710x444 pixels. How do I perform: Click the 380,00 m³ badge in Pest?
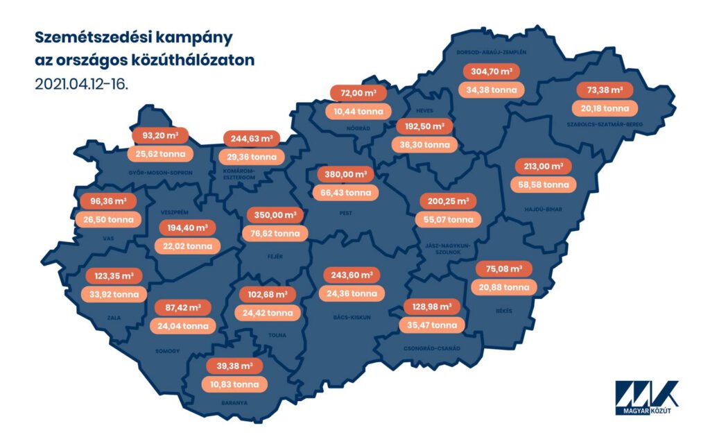click(344, 174)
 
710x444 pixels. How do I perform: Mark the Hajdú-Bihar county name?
click(543, 207)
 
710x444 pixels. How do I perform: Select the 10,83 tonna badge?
click(234, 384)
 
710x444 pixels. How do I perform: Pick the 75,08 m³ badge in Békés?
click(504, 269)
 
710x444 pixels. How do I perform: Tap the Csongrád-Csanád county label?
click(431, 348)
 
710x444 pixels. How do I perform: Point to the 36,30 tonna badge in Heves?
click(426, 145)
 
